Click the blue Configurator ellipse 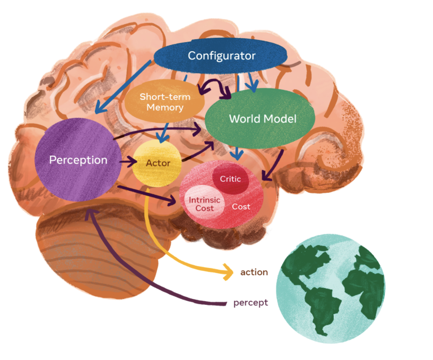pyautogui.click(x=221, y=56)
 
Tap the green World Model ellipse pyautogui.click(x=262, y=119)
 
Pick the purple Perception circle pyautogui.click(x=78, y=160)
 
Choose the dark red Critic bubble pyautogui.click(x=230, y=179)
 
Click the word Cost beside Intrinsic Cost pyautogui.click(x=241, y=207)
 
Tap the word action pyautogui.click(x=254, y=272)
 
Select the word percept pyautogui.click(x=250, y=303)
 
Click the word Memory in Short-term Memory pyautogui.click(x=165, y=108)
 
